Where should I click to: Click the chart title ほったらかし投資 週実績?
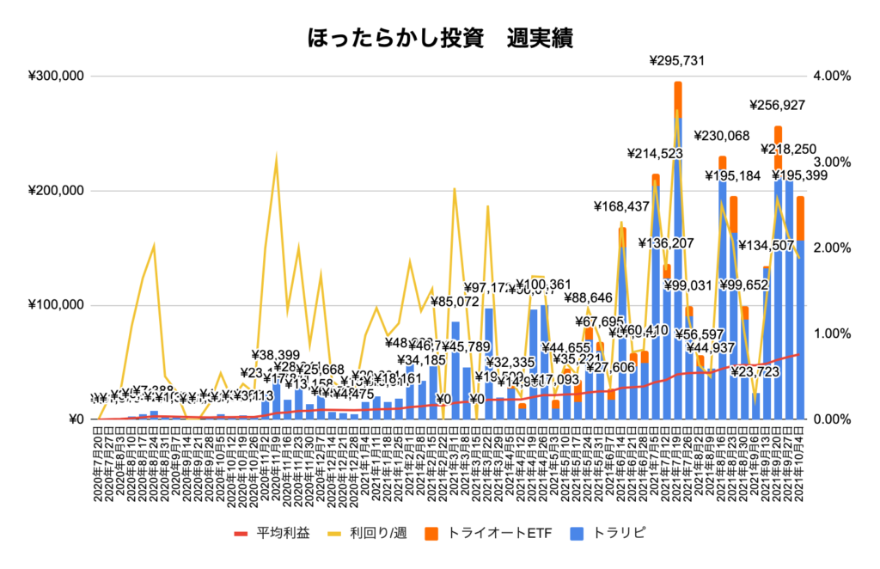(439, 39)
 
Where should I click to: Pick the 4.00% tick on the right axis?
(832, 76)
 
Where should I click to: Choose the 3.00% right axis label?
(832, 162)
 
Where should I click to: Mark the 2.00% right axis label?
(832, 248)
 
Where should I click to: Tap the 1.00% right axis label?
(832, 333)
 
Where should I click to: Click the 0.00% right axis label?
(832, 419)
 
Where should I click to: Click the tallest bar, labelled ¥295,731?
(678, 258)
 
